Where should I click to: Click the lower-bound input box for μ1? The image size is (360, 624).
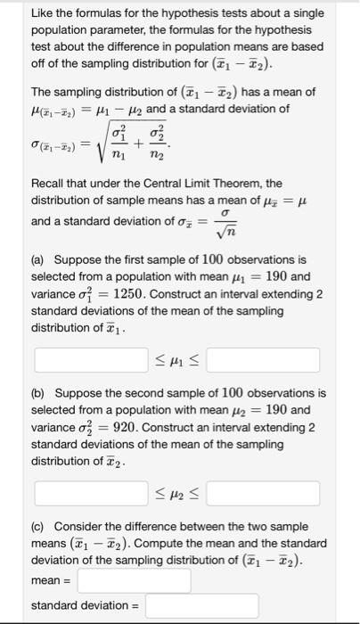tap(91, 360)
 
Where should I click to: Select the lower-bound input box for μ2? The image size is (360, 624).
tap(91, 491)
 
